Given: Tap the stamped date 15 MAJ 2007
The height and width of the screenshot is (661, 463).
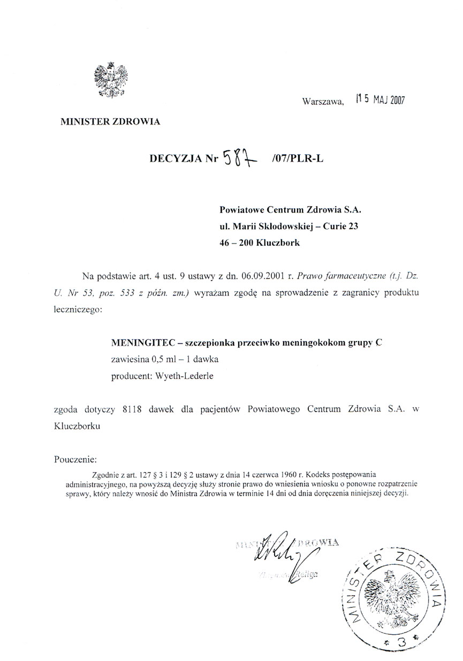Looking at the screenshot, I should [x=380, y=100].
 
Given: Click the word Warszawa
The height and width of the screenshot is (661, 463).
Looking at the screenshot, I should [x=322, y=102].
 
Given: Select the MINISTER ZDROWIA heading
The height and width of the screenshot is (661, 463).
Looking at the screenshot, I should [x=110, y=121].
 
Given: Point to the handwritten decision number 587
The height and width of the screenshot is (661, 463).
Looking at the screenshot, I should [x=240, y=158].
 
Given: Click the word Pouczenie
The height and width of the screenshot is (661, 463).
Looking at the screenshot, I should [x=75, y=459].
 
